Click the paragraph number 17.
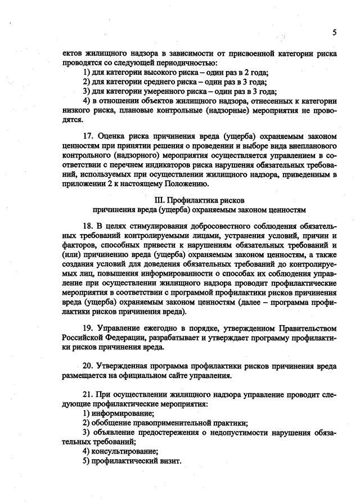point(87,136)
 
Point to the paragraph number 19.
point(87,327)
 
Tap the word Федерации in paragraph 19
point(123,337)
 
